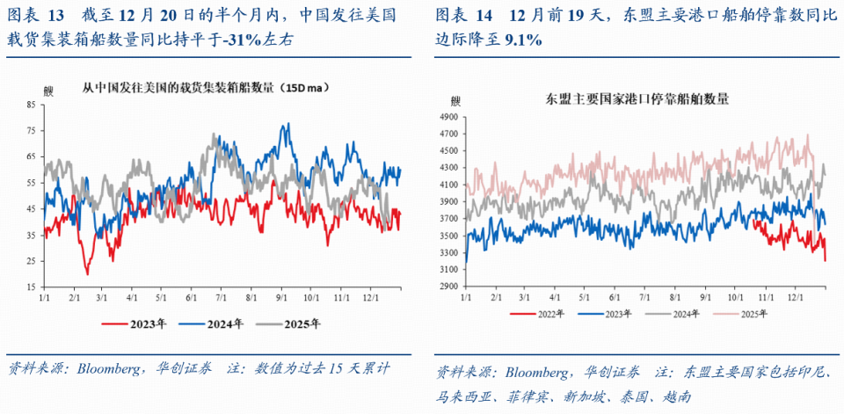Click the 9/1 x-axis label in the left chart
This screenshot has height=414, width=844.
283,299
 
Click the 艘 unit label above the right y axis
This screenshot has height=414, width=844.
455,100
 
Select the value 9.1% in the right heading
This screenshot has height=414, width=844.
523,40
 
